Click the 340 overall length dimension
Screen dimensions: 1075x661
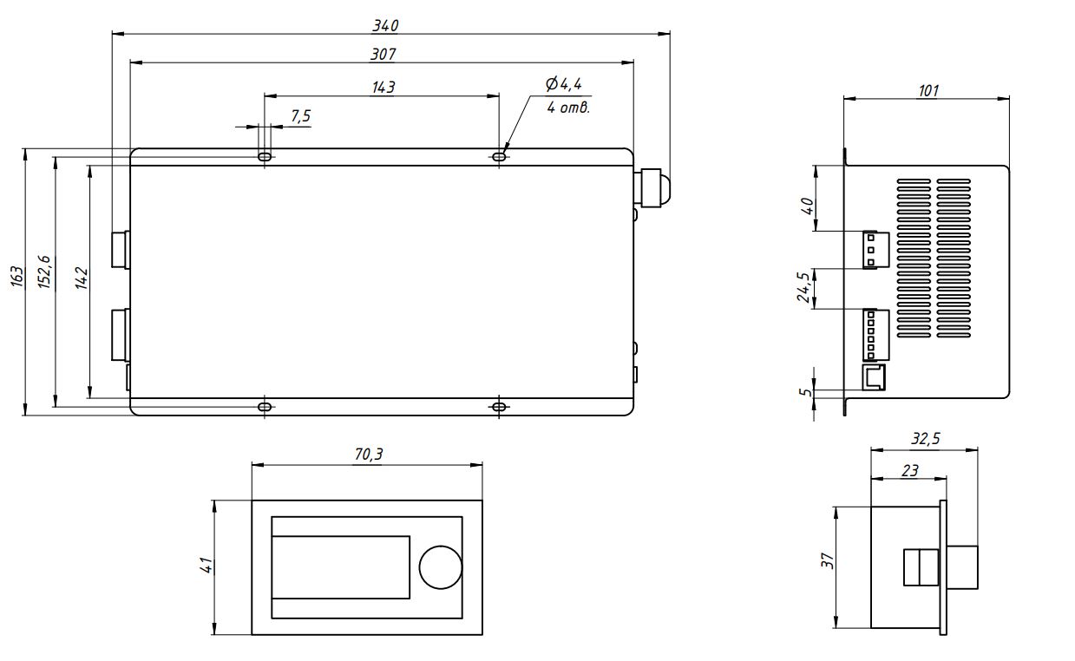[385, 25]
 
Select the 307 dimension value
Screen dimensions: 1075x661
[383, 54]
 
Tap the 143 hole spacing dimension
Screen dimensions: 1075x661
[383, 88]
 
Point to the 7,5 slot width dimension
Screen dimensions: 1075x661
[301, 116]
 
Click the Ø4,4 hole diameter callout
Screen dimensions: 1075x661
[563, 84]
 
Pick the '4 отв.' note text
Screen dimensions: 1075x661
[568, 108]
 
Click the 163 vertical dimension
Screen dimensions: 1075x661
[16, 277]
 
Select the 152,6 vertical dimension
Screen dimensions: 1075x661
[44, 272]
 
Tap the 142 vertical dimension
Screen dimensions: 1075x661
[82, 278]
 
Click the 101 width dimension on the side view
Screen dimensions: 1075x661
[928, 91]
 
